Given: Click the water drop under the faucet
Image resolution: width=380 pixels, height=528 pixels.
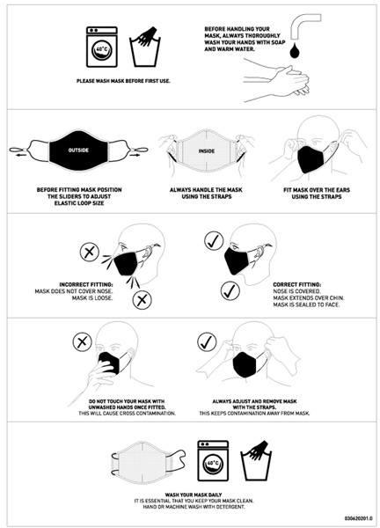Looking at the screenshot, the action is coord(296,50).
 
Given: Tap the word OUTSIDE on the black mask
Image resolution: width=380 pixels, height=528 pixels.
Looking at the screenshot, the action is coord(78,150).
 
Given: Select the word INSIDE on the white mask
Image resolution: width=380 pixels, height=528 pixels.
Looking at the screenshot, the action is coord(207,151).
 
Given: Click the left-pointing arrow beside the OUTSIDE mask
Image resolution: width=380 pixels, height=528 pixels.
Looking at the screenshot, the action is coord(21,155).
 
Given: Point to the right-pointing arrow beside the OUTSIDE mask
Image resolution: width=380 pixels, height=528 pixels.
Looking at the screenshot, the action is coord(135,155).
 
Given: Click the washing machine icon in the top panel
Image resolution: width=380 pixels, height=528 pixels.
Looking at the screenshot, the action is coord(102,48).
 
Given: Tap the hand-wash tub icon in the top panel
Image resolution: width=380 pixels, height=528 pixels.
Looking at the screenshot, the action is coord(145,48).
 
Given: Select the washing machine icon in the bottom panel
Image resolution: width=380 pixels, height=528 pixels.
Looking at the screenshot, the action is coord(213,460).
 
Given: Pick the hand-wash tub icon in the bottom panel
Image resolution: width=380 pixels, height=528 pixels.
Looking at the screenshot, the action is coord(256,460).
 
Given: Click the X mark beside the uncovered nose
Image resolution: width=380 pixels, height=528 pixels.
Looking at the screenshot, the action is coord(90,252).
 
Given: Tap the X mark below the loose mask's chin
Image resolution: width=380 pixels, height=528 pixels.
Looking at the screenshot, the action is coord(142,300).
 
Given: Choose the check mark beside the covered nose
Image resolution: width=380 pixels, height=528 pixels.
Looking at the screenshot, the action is coord(214,241).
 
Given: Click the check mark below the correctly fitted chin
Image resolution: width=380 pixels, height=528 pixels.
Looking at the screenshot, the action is coord(230,291).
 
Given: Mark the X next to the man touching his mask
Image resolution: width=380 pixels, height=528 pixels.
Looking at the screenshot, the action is coord(82,342).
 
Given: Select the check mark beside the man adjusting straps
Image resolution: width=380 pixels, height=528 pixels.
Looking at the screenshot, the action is coord(207,342).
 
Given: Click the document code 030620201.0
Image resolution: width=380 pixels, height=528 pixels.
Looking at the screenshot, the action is coord(359,518).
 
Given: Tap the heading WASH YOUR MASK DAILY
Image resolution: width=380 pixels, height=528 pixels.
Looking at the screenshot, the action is coord(194,495).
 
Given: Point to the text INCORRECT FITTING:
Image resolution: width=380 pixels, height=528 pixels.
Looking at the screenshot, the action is coord(86,285).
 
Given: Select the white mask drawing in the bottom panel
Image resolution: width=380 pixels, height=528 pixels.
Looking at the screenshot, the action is coord(148,460).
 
